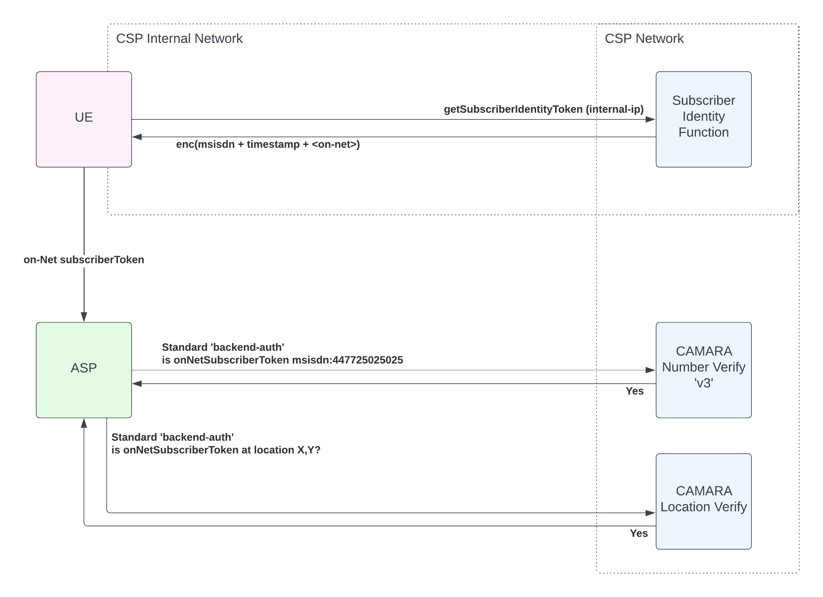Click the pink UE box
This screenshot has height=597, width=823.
click(84, 119)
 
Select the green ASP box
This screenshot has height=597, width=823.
click(84, 370)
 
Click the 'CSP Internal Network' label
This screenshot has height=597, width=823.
click(179, 39)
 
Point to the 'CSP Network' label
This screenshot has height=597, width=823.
click(644, 39)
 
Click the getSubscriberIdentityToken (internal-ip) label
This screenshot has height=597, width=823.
click(544, 110)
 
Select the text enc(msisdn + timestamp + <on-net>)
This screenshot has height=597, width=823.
click(268, 145)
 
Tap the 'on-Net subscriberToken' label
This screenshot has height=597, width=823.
click(84, 260)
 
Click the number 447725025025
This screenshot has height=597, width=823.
click(367, 360)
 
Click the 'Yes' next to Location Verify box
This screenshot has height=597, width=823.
click(639, 533)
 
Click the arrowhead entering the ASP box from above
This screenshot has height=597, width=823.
click(84, 317)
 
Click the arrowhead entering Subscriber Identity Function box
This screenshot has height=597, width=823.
click(650, 119)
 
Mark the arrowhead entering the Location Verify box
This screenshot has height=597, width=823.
click(650, 513)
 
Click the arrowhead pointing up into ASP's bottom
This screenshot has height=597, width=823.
click(84, 423)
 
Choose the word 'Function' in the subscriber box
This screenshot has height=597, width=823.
click(703, 132)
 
